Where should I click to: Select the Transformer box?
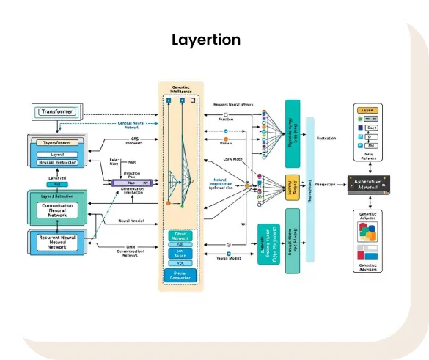pos(58,112)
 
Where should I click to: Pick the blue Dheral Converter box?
pos(180,276)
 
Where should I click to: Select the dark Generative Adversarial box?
pos(374,184)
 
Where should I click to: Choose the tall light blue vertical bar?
pos(309,186)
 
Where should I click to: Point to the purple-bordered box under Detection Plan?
pos(131,183)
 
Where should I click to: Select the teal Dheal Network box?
pos(180,237)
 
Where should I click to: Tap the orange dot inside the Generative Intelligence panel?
pos(169,202)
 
